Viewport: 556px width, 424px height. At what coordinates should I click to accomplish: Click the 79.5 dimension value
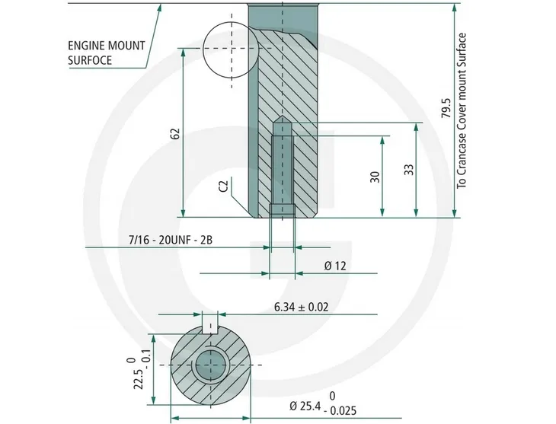tap(446, 109)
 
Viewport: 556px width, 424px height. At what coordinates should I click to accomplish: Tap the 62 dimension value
tap(175, 133)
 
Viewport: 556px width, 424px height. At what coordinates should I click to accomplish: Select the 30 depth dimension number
tap(375, 177)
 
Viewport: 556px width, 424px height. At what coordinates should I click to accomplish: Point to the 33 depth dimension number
tap(409, 170)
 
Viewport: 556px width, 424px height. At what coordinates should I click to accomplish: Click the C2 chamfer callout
tap(223, 185)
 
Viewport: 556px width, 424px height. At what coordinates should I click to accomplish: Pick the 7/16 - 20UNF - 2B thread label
tap(171, 240)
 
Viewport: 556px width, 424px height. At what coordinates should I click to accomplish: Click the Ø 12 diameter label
tap(334, 266)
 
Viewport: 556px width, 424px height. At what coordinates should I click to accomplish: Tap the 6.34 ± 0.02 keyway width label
tap(302, 307)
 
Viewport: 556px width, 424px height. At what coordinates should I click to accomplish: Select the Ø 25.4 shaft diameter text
tap(305, 406)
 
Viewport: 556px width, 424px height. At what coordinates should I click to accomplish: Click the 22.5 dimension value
tap(139, 379)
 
